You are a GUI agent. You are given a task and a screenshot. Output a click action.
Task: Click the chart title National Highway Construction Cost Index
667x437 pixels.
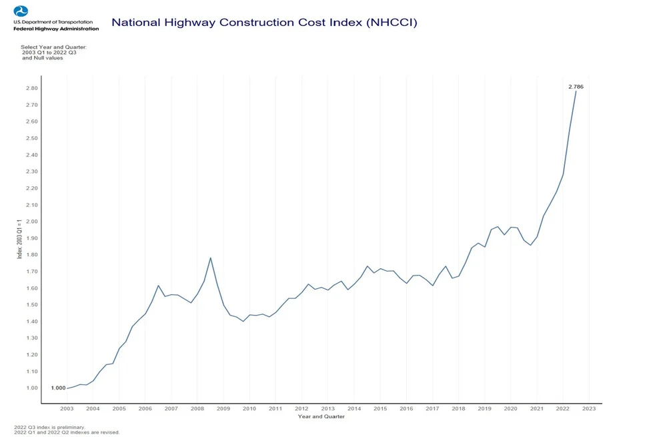click(x=264, y=23)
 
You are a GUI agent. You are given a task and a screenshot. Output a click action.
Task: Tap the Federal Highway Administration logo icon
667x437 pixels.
click(x=21, y=11)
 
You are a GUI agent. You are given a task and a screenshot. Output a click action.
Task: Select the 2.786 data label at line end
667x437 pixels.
click(x=576, y=87)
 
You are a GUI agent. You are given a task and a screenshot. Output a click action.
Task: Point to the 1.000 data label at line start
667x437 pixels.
click(x=58, y=388)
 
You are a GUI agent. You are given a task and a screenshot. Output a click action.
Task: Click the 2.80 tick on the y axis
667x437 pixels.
click(x=31, y=88)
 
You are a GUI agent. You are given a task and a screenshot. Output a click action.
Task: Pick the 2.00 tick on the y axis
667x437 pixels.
click(x=31, y=222)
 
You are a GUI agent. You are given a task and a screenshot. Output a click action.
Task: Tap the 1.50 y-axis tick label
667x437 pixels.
click(x=31, y=305)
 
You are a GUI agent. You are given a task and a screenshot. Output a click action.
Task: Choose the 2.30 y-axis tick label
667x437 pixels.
click(x=31, y=171)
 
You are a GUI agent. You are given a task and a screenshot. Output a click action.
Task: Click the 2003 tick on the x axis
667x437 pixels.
click(x=67, y=408)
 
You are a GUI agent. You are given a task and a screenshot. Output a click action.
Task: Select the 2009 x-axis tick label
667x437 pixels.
click(x=223, y=408)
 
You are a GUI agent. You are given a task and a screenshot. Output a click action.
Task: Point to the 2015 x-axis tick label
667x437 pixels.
click(x=380, y=408)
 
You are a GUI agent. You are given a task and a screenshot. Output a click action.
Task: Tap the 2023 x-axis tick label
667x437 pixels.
click(x=588, y=408)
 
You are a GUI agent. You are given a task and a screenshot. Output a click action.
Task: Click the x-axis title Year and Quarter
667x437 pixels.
click(x=321, y=417)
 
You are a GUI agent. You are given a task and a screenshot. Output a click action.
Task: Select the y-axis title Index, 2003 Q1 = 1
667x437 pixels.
click(x=19, y=238)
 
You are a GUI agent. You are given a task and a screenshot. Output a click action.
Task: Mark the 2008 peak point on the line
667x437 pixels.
click(x=211, y=258)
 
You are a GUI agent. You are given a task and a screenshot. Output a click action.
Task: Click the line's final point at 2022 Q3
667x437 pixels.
click(x=576, y=91)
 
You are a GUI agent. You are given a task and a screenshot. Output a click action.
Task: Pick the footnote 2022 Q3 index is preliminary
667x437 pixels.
click(x=49, y=427)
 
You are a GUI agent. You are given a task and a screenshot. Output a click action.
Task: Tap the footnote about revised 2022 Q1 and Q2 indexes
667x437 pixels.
click(x=67, y=432)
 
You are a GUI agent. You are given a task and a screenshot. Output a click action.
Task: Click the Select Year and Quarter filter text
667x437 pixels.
click(x=54, y=47)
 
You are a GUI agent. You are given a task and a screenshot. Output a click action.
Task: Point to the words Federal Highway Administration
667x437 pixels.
click(x=56, y=29)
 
